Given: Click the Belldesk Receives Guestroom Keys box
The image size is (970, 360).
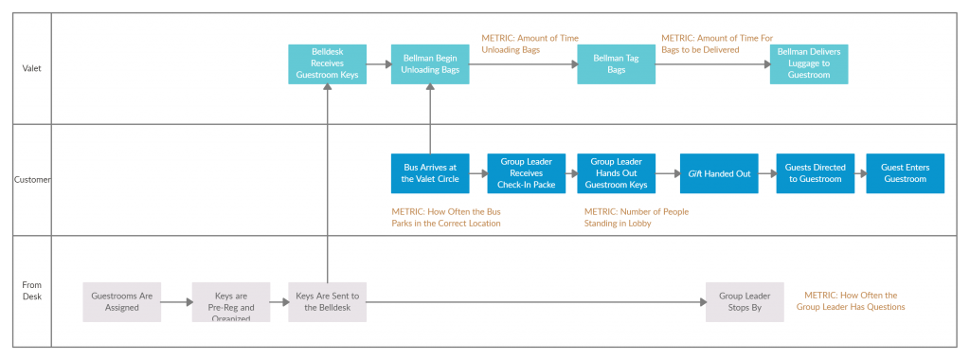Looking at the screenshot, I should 327,64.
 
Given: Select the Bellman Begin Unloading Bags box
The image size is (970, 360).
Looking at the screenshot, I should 430,64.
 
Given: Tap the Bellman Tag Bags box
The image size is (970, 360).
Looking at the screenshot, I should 617,64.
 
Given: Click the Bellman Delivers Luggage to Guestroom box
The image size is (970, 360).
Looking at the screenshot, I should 808,63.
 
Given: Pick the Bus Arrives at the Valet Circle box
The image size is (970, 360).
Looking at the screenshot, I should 430,173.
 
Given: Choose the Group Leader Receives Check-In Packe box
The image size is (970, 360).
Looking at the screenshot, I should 526,173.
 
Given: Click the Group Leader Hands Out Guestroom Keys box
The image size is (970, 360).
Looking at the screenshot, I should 617,173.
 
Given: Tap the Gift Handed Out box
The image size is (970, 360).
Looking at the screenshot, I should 719,173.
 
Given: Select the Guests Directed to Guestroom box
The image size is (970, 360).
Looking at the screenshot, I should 815,173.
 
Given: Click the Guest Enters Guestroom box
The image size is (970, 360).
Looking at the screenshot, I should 905,173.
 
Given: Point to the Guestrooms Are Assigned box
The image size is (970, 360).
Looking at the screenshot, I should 122,302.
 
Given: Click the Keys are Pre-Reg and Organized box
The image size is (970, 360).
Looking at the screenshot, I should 230,302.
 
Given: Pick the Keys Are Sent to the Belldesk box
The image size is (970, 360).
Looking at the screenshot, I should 327,302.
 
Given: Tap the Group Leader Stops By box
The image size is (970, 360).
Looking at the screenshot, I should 745,302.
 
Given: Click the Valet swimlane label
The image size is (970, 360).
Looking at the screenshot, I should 32,68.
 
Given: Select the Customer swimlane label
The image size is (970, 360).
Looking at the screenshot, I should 32,179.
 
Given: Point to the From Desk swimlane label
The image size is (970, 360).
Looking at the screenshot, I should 32,290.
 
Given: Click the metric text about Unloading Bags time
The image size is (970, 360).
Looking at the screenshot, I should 530,44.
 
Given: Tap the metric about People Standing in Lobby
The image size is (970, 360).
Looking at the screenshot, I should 636,217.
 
